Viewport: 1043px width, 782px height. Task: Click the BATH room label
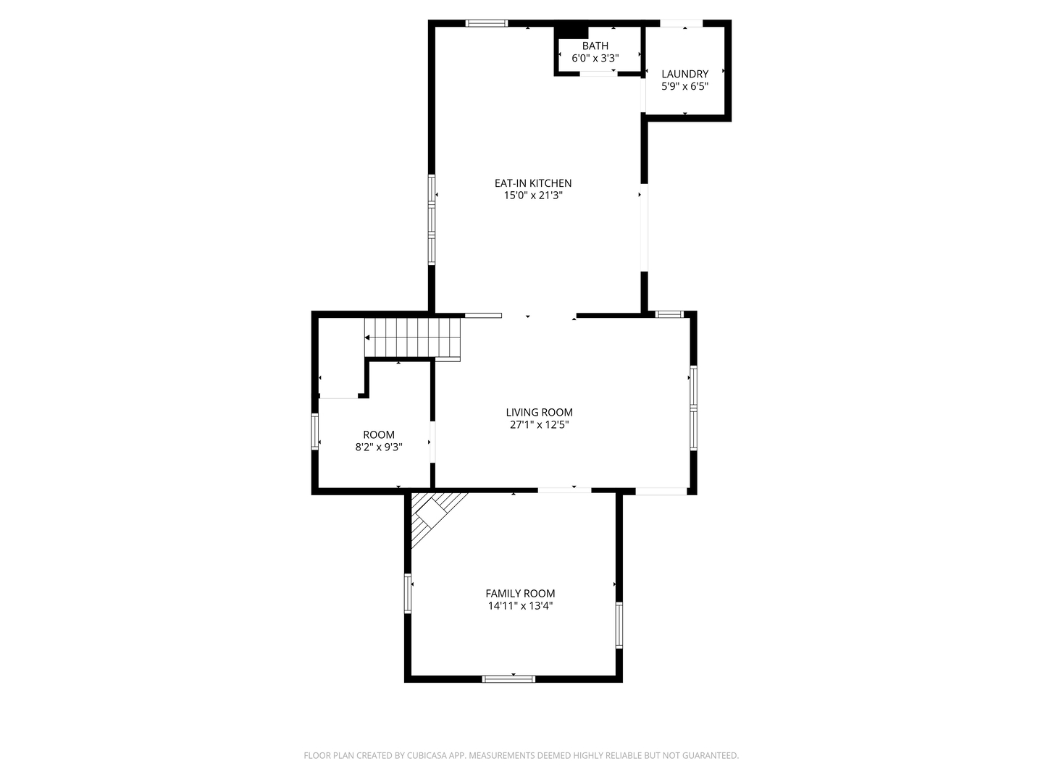pos(595,46)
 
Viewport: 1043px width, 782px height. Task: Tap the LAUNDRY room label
pos(684,74)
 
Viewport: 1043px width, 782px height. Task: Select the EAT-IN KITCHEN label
pos(532,183)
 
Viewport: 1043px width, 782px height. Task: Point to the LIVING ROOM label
pos(540,413)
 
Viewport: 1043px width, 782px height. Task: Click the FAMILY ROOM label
pos(520,594)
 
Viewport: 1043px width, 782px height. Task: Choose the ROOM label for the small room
pos(379,435)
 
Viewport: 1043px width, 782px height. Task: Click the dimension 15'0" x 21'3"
pos(533,195)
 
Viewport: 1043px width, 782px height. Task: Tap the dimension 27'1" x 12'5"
pos(540,425)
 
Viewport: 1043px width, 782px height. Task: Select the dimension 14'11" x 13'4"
pos(520,606)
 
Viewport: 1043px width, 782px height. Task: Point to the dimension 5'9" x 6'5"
pos(684,86)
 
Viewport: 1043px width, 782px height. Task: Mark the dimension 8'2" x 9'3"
pos(379,447)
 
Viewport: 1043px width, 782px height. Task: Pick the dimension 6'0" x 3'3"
pos(595,59)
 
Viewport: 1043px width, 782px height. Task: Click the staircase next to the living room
pos(412,338)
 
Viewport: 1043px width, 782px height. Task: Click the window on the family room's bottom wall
pos(508,679)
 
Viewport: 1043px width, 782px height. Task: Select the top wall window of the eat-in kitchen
pos(487,23)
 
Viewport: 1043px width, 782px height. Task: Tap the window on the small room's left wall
pos(314,432)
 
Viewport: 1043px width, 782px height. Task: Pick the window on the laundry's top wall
pos(682,23)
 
